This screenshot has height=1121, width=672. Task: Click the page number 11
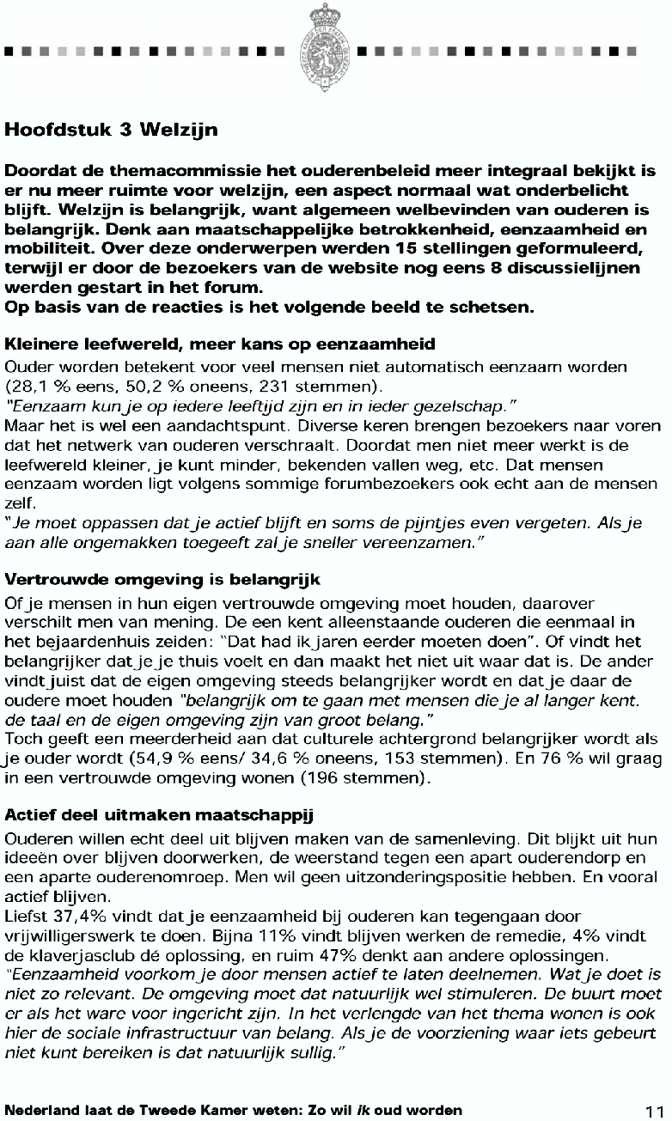coord(655,1110)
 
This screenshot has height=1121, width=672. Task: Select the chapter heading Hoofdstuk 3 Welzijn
coord(112,131)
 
